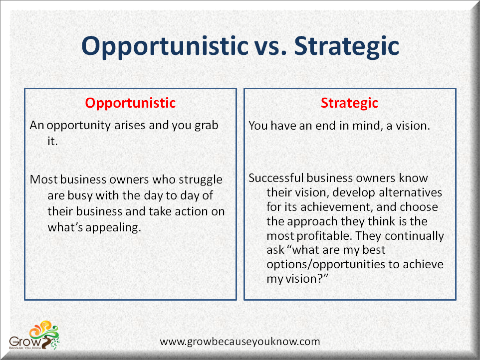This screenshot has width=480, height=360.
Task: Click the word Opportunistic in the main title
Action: tap(165, 46)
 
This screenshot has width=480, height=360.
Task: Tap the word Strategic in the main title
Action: tap(347, 46)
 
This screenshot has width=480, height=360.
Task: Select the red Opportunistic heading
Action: tap(130, 103)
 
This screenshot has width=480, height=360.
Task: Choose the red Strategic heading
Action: tap(349, 103)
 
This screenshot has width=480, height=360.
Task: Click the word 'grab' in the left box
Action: tap(207, 126)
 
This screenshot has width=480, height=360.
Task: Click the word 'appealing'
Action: tap(113, 228)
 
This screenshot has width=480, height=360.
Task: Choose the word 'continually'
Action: tap(414, 236)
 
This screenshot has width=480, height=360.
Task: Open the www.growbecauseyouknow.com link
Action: tap(240, 342)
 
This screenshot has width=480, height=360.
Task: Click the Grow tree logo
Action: tap(34, 335)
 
